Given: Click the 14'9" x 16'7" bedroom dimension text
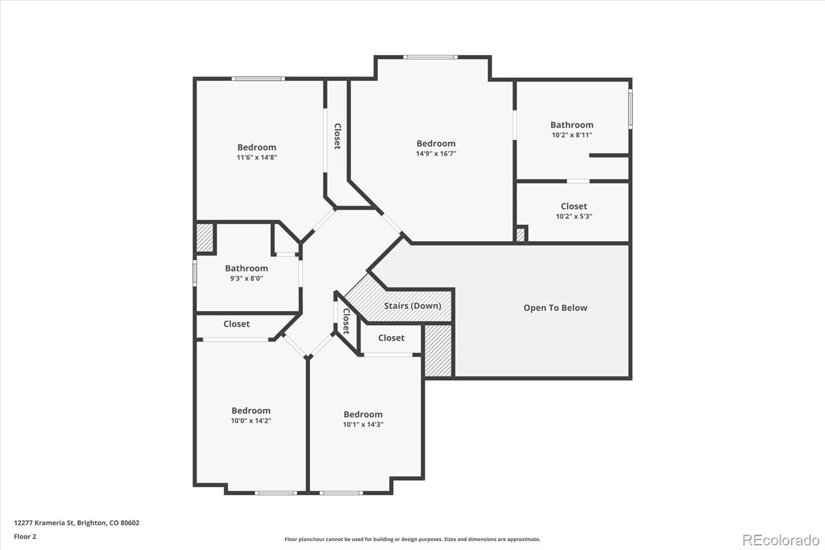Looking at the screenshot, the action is [436, 153].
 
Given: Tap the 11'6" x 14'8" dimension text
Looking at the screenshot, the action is [257, 157].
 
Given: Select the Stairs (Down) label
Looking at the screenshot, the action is [412, 305].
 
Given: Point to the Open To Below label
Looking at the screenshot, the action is [555, 308].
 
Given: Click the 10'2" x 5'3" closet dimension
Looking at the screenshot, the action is [574, 216].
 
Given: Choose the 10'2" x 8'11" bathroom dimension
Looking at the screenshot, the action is [572, 135].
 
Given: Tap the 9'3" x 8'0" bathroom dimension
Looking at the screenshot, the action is [246, 278].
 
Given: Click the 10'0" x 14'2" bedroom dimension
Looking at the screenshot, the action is [251, 420].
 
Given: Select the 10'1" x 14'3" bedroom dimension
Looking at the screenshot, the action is [363, 424].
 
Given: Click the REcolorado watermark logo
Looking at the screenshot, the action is [781, 540].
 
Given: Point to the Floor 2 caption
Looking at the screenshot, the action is [25, 537].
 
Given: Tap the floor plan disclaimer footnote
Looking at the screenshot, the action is [412, 539].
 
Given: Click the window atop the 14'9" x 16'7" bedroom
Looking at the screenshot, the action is [430, 57].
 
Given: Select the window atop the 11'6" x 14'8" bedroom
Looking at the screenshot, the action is [258, 78].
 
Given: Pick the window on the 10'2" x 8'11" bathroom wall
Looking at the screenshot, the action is [630, 109].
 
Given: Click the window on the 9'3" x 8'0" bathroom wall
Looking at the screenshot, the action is [195, 273].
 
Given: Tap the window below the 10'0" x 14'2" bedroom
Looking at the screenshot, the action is [276, 493].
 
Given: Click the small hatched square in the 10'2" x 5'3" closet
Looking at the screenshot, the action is [520, 235].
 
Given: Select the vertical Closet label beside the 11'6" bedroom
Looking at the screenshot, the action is [337, 136].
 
